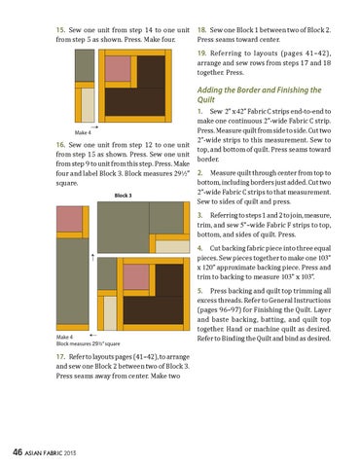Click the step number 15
[60, 30]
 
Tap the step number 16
[60, 145]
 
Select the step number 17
[60, 357]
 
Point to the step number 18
[201, 30]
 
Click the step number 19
[201, 54]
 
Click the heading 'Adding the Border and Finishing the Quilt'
[259, 94]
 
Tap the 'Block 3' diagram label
[124, 196]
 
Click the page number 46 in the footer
[18, 451]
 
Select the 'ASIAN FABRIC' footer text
[43, 452]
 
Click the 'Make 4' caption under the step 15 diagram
[83, 132]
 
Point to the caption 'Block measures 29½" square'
[88, 343]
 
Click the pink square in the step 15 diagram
[118, 69]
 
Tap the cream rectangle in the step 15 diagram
[88, 105]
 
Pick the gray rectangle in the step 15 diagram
[85, 65]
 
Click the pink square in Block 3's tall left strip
[69, 219]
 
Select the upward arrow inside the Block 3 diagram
[93, 258]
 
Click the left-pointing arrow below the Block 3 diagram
[93, 335]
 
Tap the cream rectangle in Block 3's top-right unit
[172, 246]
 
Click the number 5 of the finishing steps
[199, 291]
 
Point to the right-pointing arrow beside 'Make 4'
[94, 127]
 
